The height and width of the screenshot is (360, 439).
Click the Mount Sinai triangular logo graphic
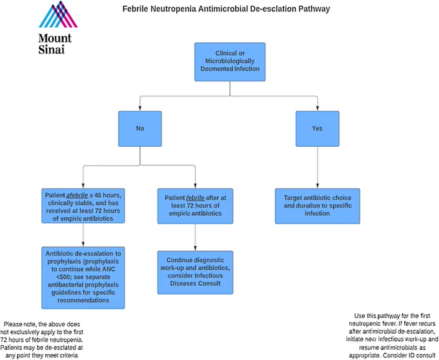pyautogui.click(x=58, y=14)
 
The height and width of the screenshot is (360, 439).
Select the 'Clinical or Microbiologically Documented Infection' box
pyautogui.click(x=230, y=62)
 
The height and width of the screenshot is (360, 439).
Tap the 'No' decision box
pyautogui.click(x=140, y=129)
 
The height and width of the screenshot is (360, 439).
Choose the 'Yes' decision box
pyautogui.click(x=318, y=129)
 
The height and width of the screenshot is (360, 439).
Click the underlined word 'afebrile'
pyautogui.click(x=77, y=195)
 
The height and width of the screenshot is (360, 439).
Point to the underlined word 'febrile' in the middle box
pyautogui.click(x=195, y=198)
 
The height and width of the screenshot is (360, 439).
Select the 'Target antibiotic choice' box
pyautogui.click(x=318, y=206)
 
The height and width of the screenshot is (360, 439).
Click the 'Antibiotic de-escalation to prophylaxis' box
pyautogui.click(x=83, y=277)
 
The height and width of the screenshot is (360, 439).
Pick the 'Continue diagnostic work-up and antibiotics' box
pyautogui.click(x=195, y=273)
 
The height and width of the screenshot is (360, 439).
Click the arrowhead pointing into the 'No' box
pyautogui.click(x=140, y=109)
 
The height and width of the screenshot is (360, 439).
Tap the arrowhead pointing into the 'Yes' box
pyautogui.click(x=318, y=109)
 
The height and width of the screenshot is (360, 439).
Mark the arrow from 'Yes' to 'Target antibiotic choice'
pyautogui.click(x=318, y=167)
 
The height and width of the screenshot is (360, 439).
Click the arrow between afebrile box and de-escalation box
pyautogui.click(x=83, y=235)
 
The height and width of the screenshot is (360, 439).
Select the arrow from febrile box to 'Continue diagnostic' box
pyautogui.click(x=195, y=237)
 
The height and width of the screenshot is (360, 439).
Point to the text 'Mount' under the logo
pyautogui.click(x=55, y=38)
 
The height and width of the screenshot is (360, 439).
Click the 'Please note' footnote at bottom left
pyautogui.click(x=42, y=340)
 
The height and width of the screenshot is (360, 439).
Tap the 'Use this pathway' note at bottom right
pyautogui.click(x=392, y=335)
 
